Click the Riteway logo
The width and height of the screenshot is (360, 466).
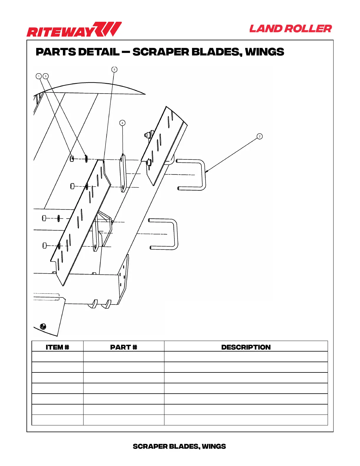pos(74,30)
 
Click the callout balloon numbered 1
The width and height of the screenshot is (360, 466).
pos(39,76)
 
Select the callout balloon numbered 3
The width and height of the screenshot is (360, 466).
pos(46,76)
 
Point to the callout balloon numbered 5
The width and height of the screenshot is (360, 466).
pos(114,69)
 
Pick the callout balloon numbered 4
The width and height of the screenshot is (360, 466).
pos(122,123)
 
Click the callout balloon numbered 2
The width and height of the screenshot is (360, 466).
pos(259,136)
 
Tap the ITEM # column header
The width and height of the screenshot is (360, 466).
pos(57,347)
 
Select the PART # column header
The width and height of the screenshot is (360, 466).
pos(124,347)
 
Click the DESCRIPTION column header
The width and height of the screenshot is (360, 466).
pos(246,347)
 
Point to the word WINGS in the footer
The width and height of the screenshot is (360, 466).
pos(214,446)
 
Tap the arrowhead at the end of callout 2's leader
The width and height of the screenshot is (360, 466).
pos(206,171)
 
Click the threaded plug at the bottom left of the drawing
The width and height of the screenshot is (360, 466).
pos(43,326)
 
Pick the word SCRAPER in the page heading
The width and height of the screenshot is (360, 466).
pos(160,52)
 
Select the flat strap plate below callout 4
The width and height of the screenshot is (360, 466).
pos(123,174)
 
